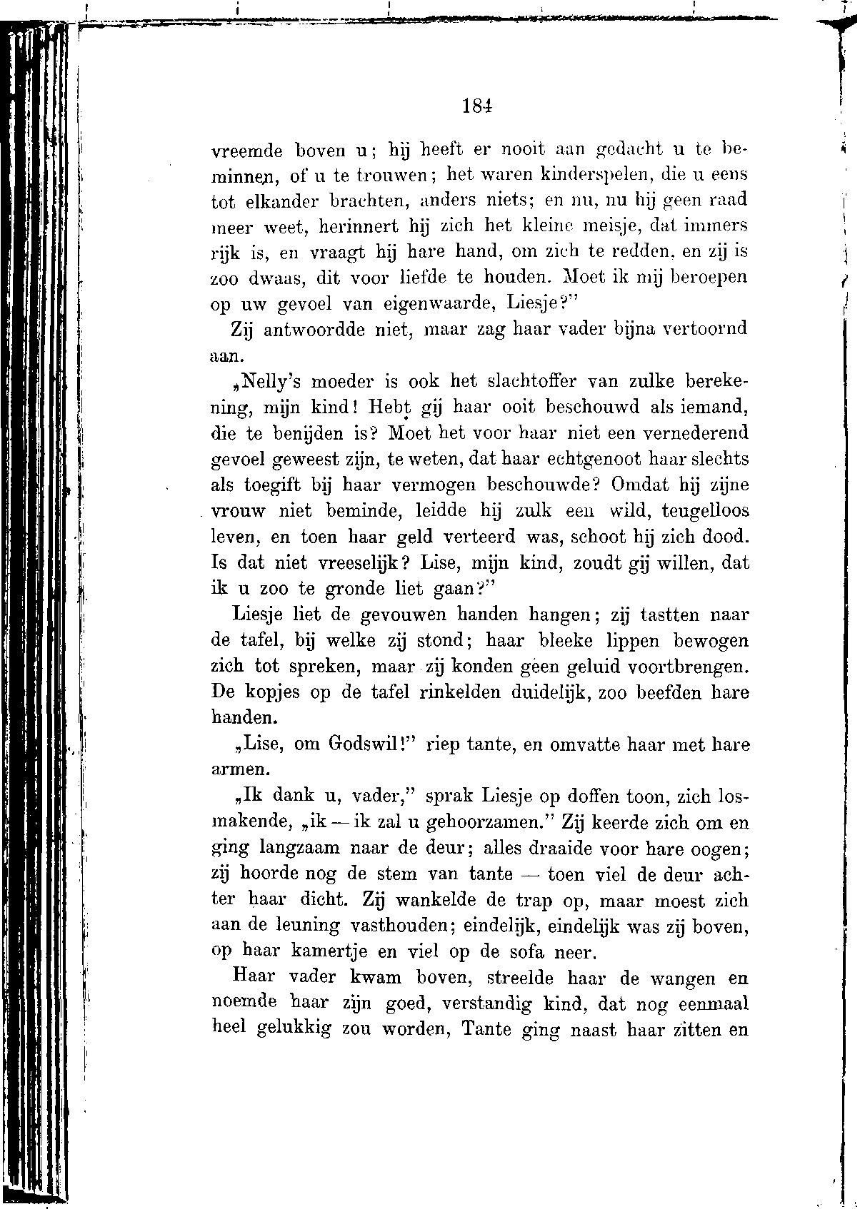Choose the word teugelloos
[x=706, y=511]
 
